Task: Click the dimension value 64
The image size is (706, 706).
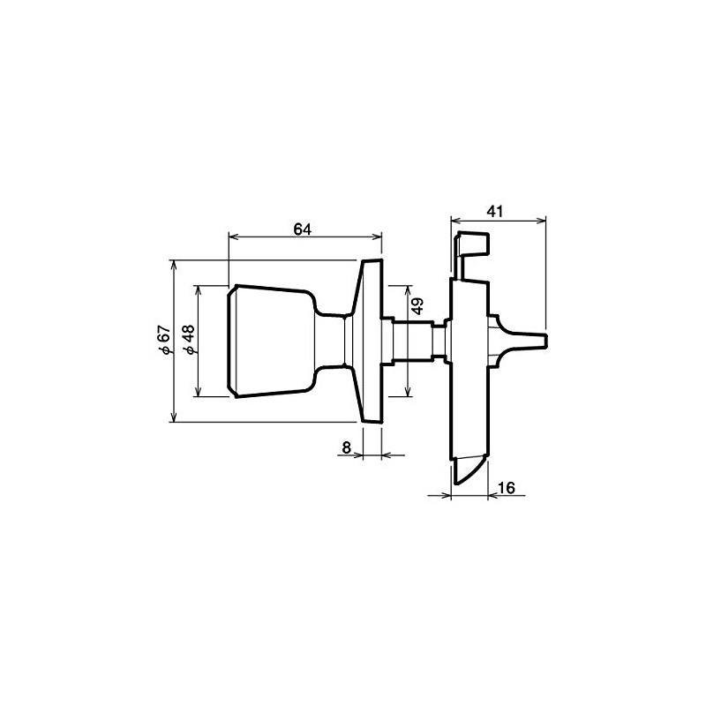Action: [303, 228]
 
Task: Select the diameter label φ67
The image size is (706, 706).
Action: [161, 340]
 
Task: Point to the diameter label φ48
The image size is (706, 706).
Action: [186, 340]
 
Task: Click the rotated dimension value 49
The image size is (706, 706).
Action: [418, 306]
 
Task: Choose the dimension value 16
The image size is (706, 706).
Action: [507, 487]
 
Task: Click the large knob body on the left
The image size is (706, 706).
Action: [269, 340]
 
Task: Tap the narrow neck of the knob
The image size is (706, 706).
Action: [334, 340]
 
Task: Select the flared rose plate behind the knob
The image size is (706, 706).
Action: [369, 340]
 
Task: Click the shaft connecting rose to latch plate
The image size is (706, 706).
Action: [415, 340]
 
